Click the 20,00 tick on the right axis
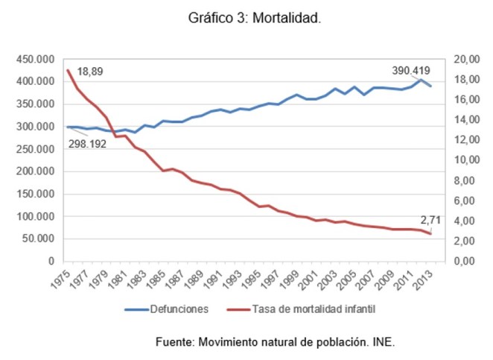click(x=464, y=60)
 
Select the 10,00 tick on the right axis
click(x=464, y=161)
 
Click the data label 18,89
click(x=90, y=72)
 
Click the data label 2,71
click(x=430, y=221)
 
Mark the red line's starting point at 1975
click(x=68, y=70)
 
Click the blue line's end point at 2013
click(x=430, y=86)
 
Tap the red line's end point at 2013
click(x=430, y=234)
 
